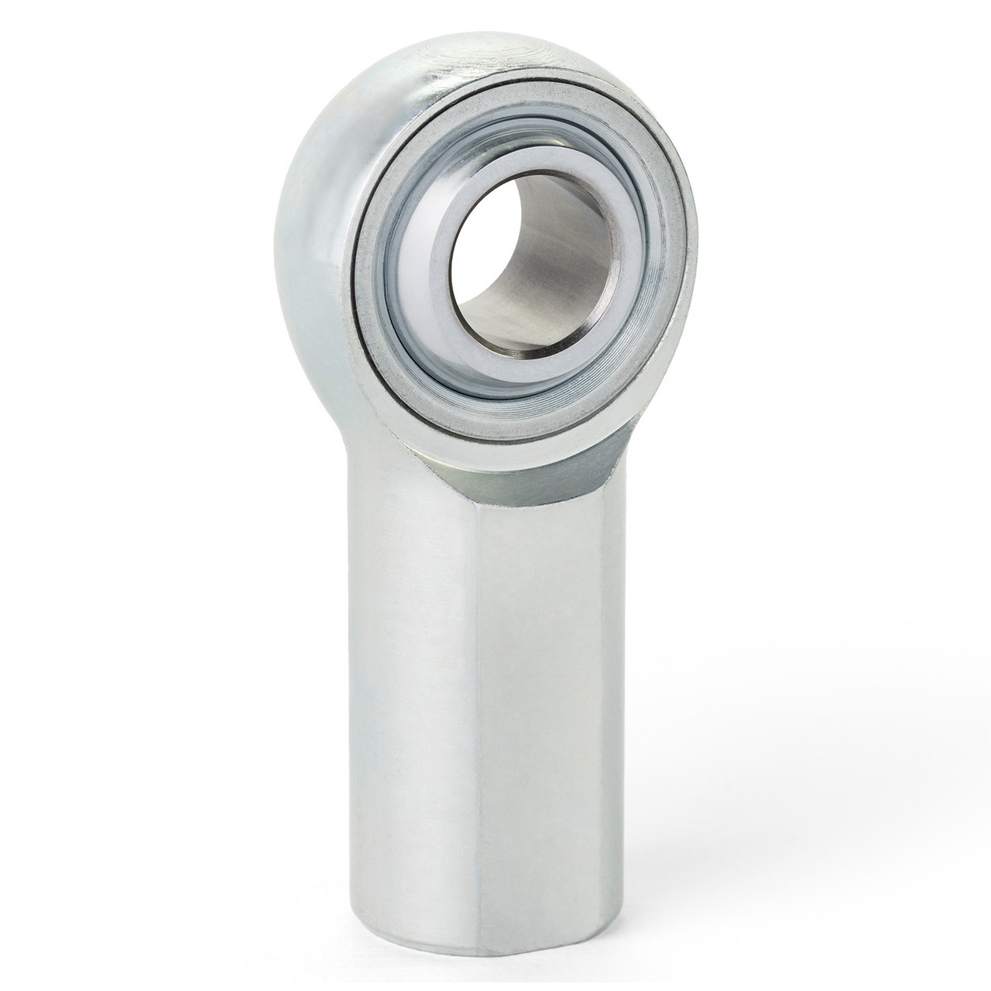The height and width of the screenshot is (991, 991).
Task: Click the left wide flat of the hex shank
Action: (410, 697)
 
